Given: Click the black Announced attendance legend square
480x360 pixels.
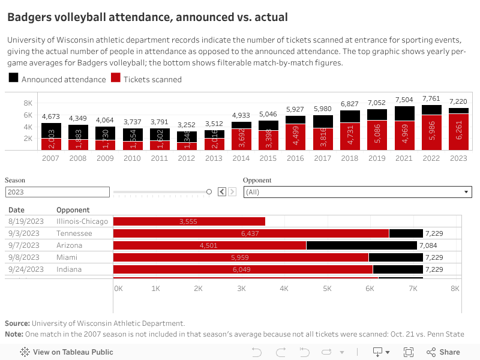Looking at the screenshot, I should pyautogui.click(x=13, y=79).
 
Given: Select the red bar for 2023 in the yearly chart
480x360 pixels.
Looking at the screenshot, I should pyautogui.click(x=458, y=132).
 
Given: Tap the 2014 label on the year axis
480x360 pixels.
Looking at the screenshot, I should pyautogui.click(x=241, y=158).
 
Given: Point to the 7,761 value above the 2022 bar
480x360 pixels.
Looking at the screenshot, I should pyautogui.click(x=431, y=98).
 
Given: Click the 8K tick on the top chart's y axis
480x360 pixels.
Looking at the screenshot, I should pyautogui.click(x=28, y=103).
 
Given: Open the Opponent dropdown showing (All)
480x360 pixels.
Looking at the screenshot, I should pyautogui.click(x=357, y=192).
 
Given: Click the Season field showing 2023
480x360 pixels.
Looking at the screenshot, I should pyautogui.click(x=57, y=192).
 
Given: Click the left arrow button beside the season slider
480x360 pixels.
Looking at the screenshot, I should pyautogui.click(x=221, y=192).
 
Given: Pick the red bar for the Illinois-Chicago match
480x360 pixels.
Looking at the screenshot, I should pyautogui.click(x=189, y=221).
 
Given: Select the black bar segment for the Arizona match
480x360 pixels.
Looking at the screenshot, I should pyautogui.click(x=361, y=245).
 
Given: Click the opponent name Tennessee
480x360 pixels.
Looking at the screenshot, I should pyautogui.click(x=74, y=233).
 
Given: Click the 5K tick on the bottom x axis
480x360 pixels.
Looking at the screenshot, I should pyautogui.click(x=327, y=289).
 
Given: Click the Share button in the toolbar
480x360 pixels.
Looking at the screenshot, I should pyautogui.click(x=443, y=352).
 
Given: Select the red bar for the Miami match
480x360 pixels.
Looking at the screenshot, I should pyautogui.click(x=241, y=257).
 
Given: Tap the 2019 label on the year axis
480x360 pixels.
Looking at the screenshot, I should pyautogui.click(x=377, y=158).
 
